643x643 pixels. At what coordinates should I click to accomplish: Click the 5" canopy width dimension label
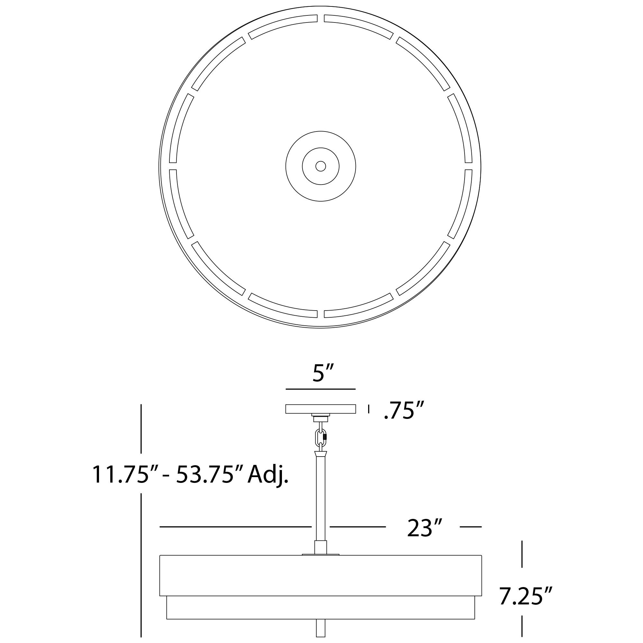click(x=323, y=373)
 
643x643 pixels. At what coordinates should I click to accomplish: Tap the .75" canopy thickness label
click(x=404, y=410)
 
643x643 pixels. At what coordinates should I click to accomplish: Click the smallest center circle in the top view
click(x=321, y=166)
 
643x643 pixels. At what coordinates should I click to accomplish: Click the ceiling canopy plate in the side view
click(x=321, y=409)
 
